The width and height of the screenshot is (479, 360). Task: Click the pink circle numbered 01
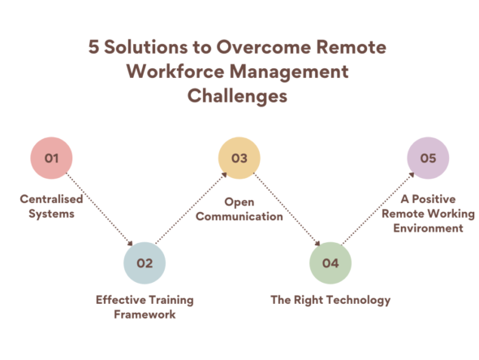pos(52,158)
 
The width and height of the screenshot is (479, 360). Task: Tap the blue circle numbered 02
pos(145,262)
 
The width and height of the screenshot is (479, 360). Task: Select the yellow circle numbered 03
pos(239,158)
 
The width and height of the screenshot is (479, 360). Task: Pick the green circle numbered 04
pos(330,262)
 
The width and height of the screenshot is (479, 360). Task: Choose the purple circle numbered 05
pos(428,158)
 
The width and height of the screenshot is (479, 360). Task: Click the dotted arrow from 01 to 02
pos(99,210)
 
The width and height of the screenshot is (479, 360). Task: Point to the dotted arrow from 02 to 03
pos(191,210)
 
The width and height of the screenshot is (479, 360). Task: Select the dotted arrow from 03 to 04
pos(285,210)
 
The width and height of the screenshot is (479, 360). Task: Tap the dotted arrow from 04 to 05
pos(377,210)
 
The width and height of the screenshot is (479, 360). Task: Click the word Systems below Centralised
pos(51,214)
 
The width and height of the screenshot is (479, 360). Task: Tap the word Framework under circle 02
pos(145,314)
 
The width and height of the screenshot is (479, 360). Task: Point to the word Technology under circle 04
pos(358,300)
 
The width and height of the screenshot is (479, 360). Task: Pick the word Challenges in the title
pos(238,97)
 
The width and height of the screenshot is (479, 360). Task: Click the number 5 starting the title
pos(93,46)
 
